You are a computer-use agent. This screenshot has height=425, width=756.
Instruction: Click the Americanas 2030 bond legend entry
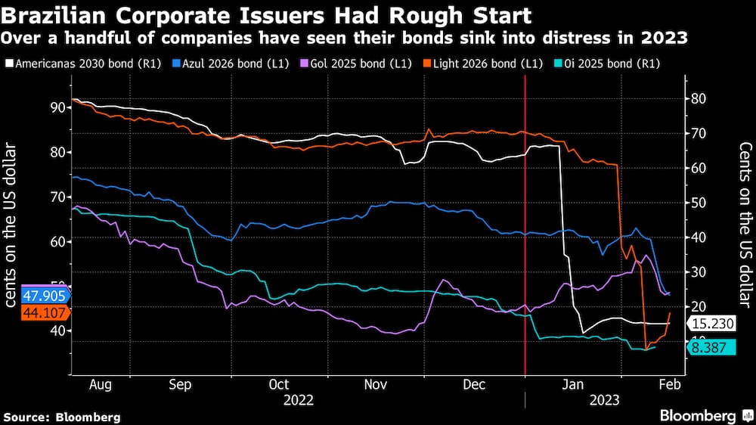tap(76, 63)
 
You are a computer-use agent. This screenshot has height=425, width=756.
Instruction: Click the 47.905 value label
tap(26, 295)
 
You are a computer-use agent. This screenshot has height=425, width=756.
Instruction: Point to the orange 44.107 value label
tap(26, 311)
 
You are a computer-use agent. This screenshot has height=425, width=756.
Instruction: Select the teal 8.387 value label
tap(711, 347)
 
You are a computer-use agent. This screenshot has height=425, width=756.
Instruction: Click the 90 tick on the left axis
tap(57, 107)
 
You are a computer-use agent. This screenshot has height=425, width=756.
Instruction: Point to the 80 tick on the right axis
tap(699, 98)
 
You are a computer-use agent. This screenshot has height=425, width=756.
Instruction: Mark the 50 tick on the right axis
tap(699, 203)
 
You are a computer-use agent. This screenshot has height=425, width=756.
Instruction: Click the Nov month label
tap(376, 384)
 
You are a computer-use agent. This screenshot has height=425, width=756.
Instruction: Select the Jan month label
tap(574, 384)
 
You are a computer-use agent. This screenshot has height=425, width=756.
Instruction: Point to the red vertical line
tap(525, 227)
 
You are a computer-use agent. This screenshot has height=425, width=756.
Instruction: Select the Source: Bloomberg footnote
tap(62, 417)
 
